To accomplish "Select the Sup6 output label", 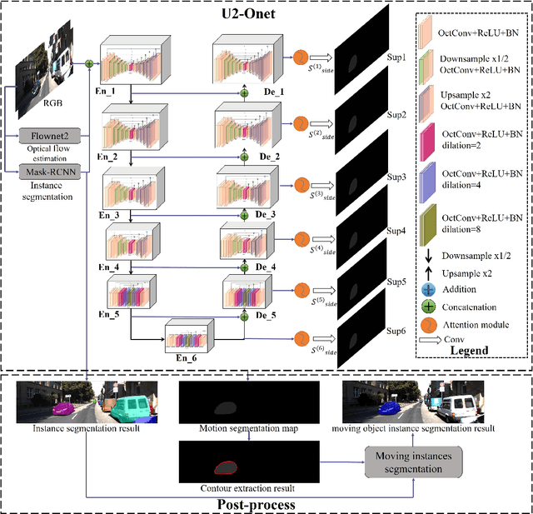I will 396,331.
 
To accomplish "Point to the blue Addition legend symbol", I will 427,289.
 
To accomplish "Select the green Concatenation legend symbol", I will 427,307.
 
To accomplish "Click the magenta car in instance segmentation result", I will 63,409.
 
